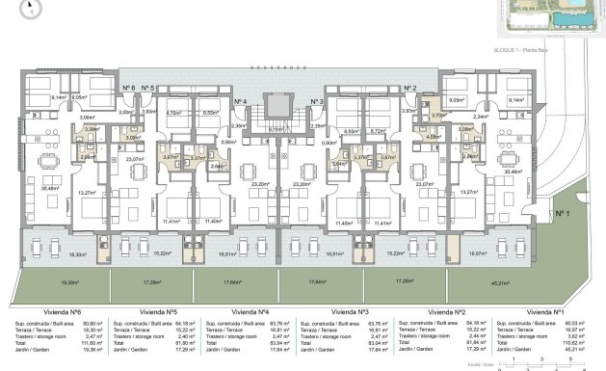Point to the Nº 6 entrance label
point(128,88)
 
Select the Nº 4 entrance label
point(240,100)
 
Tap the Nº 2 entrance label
point(408,88)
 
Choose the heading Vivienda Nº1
point(544,312)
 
